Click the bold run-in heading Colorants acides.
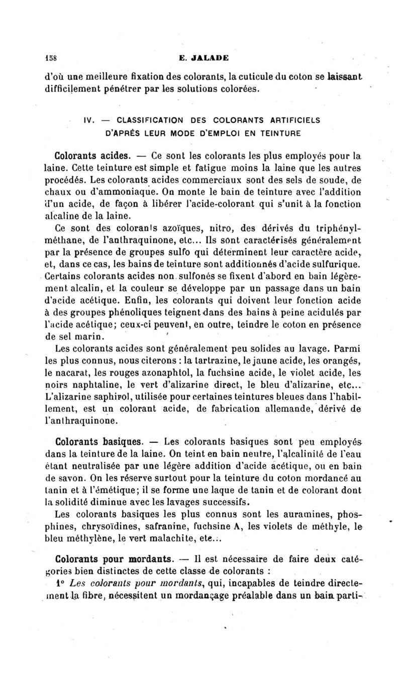(x=93, y=153)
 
